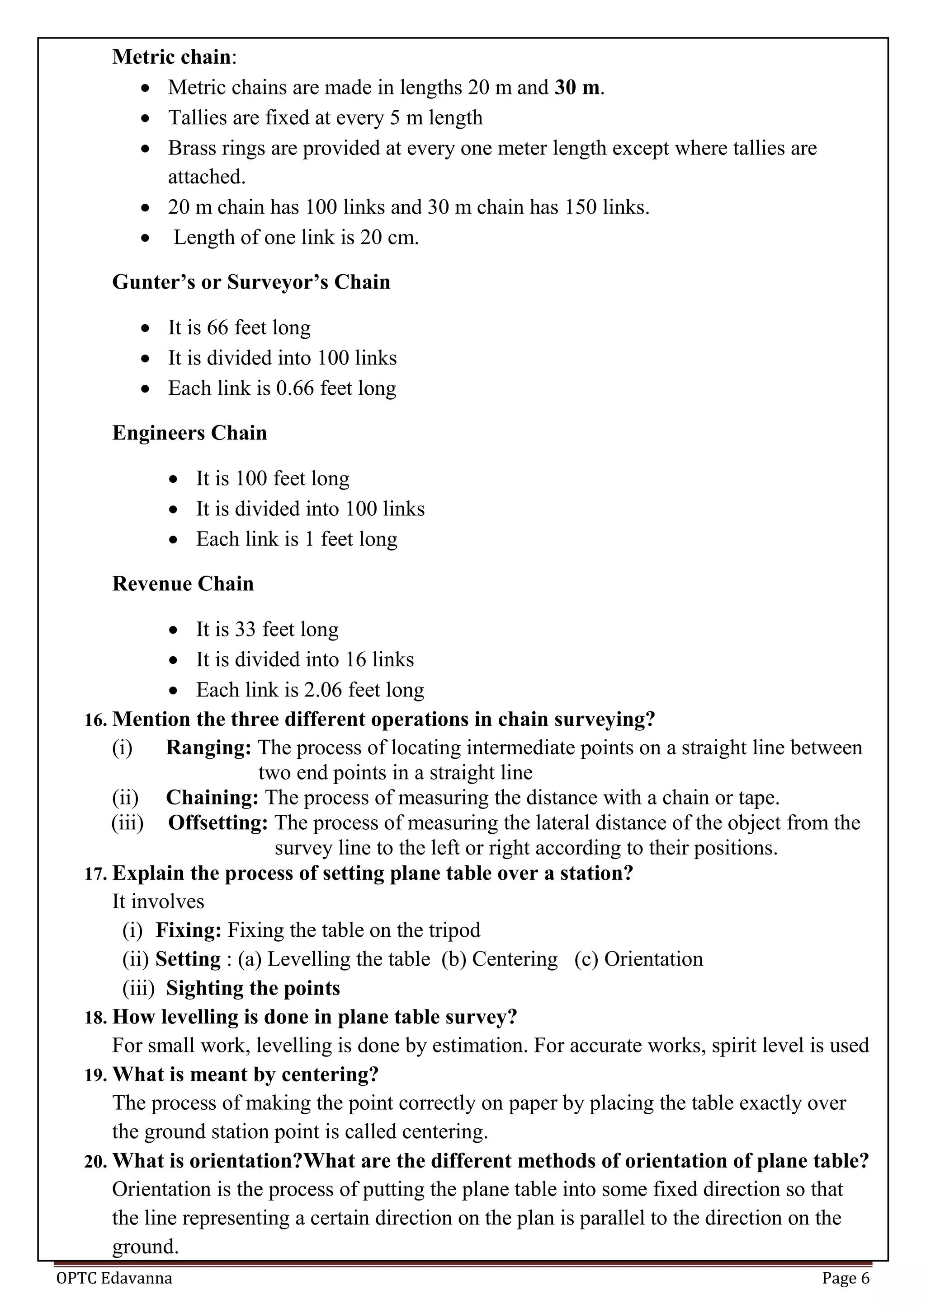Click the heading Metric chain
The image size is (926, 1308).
coord(171,57)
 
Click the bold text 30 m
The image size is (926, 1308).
coord(577,87)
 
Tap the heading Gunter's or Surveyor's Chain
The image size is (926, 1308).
coord(251,282)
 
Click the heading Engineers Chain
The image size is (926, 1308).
coord(189,433)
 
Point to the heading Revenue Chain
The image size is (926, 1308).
coord(183,584)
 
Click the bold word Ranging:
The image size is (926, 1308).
coord(208,748)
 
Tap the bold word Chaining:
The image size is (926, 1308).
coord(212,798)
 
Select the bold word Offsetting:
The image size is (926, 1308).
coord(218,822)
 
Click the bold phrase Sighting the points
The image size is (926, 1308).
coord(253,988)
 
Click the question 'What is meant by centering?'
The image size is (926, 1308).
coord(245,1074)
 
